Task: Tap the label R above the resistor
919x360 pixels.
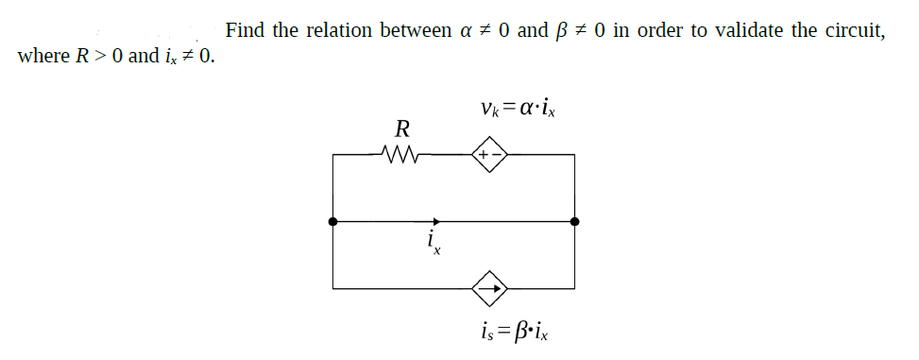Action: (x=401, y=128)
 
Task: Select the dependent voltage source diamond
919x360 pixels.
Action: (x=490, y=153)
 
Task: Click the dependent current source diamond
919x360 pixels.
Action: (x=490, y=286)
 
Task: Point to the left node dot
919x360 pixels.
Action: (x=332, y=221)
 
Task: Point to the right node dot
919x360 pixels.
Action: (x=574, y=221)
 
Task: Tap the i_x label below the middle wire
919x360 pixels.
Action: (x=433, y=245)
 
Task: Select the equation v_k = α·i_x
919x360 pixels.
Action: (x=519, y=111)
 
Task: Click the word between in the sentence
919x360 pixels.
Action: (x=415, y=29)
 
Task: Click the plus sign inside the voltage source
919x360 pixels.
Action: (x=484, y=153)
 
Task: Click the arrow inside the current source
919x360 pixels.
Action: (x=490, y=286)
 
